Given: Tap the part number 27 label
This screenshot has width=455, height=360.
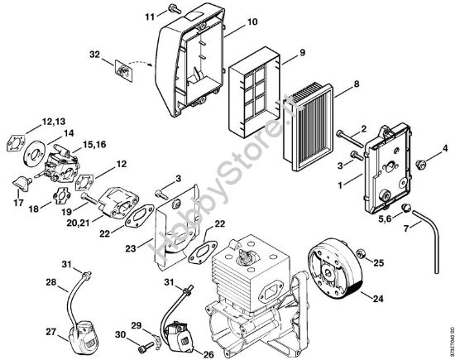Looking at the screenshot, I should [x=27, y=331].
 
